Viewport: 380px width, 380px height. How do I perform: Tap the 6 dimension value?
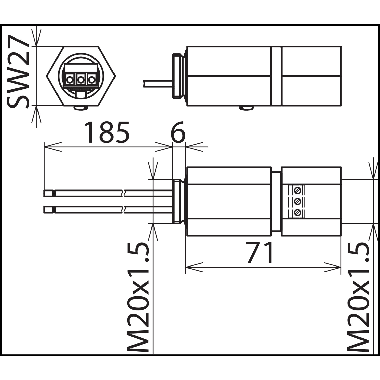[178, 132]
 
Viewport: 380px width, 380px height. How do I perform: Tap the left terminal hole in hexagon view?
[70, 80]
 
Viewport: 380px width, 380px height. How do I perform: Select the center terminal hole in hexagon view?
[81, 80]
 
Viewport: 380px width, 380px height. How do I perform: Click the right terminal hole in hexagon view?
[91, 80]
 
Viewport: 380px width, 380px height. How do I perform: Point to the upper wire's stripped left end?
[49, 194]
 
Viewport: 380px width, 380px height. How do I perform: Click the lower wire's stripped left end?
[49, 210]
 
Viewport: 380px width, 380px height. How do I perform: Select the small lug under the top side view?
[246, 108]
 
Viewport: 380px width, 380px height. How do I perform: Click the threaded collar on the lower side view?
[178, 201]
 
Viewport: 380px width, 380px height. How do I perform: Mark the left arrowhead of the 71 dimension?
[194, 267]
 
